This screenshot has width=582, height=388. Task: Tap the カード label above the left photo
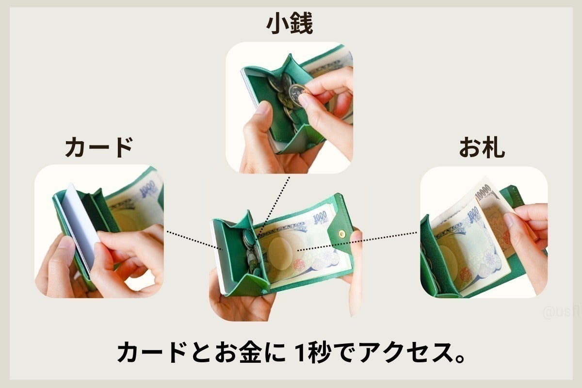[x=98, y=147]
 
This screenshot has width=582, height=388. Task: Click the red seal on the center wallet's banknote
[x=299, y=265]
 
